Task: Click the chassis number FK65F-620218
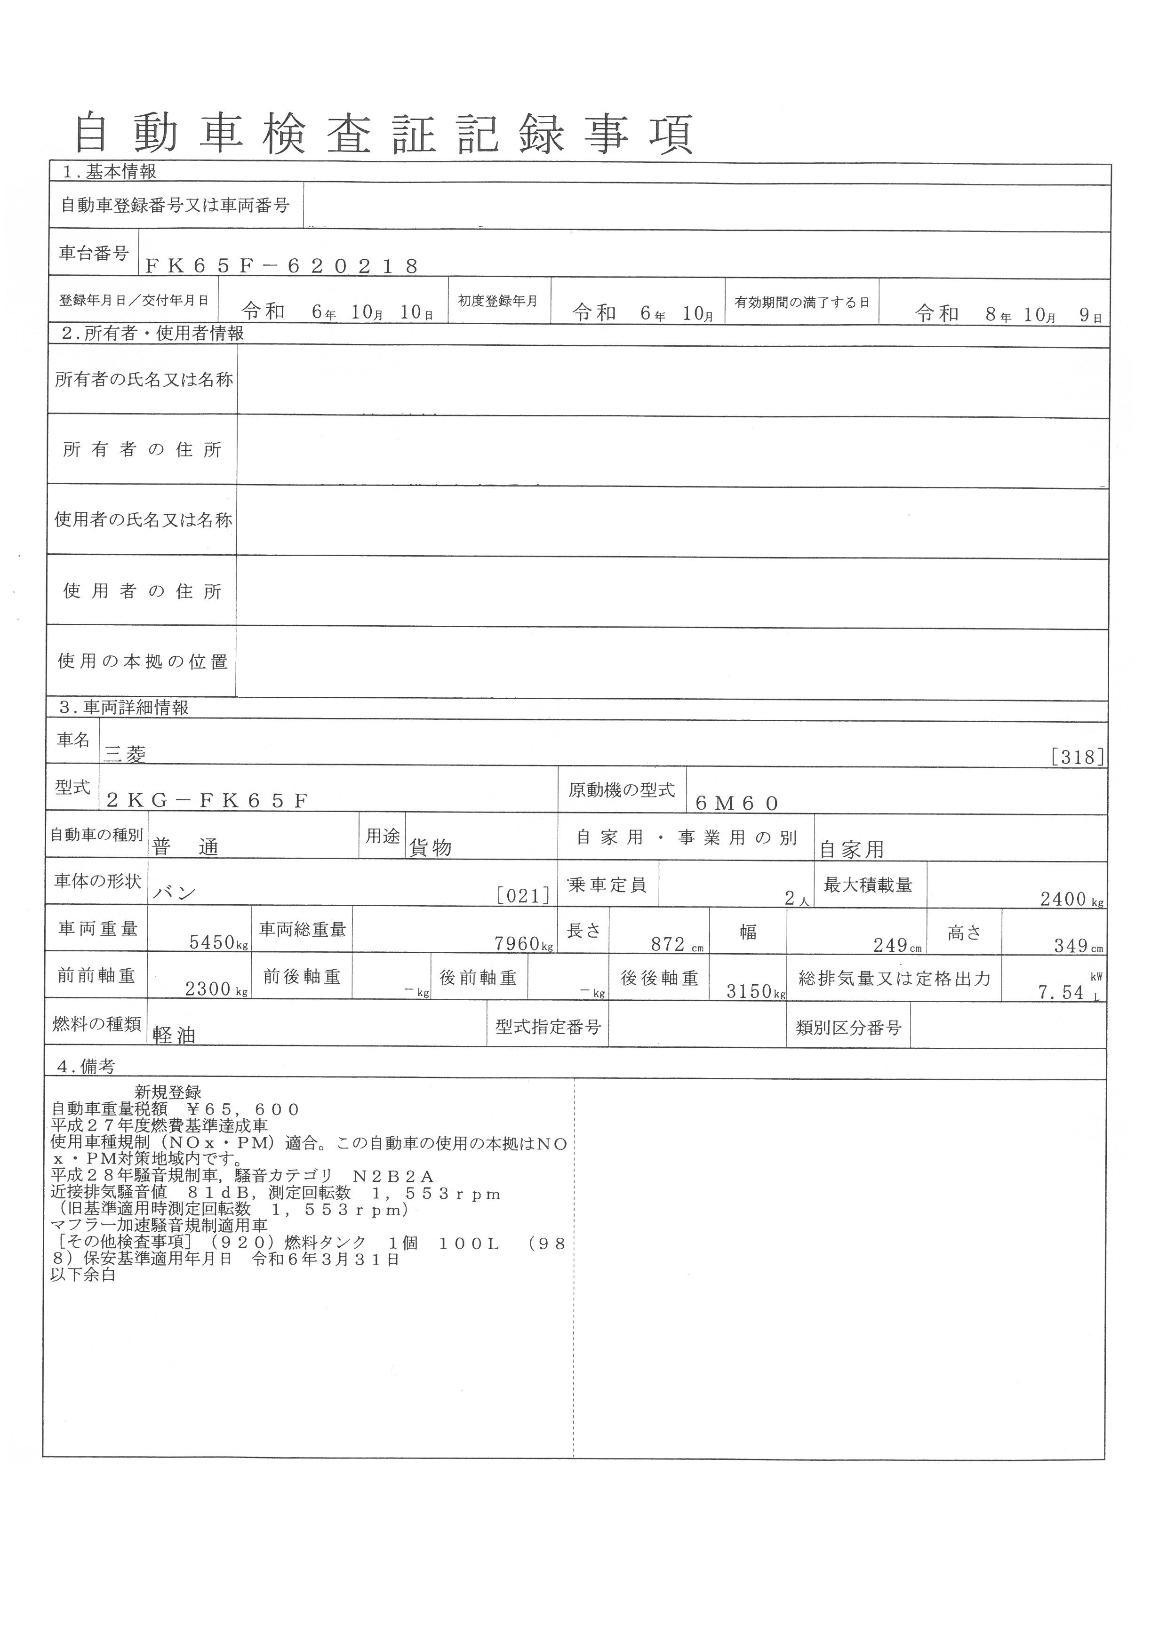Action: click(282, 267)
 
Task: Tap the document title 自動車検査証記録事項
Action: click(384, 134)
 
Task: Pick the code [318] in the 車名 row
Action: click(1077, 757)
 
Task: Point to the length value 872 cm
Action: click(668, 944)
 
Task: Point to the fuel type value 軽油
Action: click(174, 1035)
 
